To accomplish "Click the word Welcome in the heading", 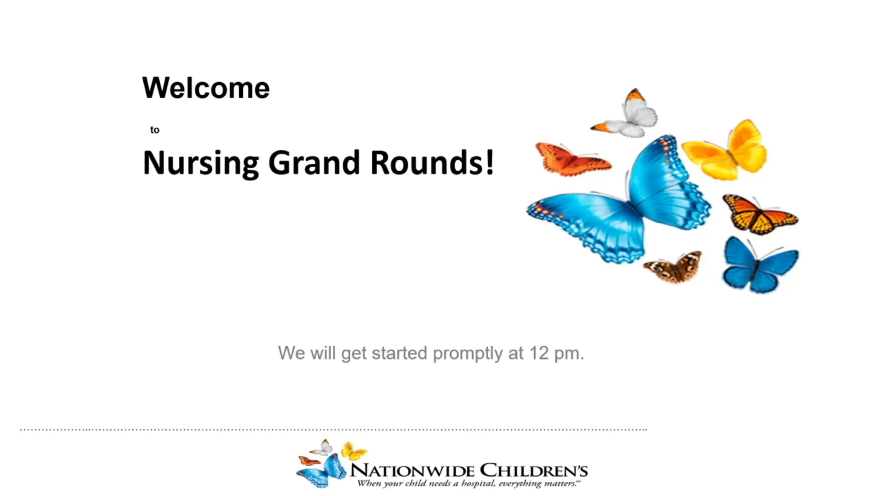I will point(206,88).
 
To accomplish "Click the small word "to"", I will point(154,130).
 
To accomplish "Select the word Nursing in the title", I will point(201,163).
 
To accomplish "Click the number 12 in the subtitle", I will point(539,353).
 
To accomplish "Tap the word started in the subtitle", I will point(399,353).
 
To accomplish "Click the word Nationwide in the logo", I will point(412,470).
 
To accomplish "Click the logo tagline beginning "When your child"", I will point(469,484).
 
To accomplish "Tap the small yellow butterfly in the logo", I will point(353,451).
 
